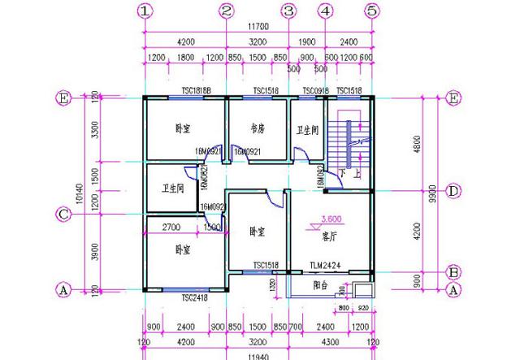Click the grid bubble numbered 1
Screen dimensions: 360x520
(145, 11)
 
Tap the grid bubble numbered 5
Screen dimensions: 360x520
(371, 11)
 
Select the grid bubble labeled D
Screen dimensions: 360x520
(455, 191)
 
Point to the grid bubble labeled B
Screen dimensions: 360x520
(455, 271)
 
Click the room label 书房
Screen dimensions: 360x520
(258, 128)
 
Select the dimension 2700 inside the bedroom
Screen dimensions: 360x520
(171, 228)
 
